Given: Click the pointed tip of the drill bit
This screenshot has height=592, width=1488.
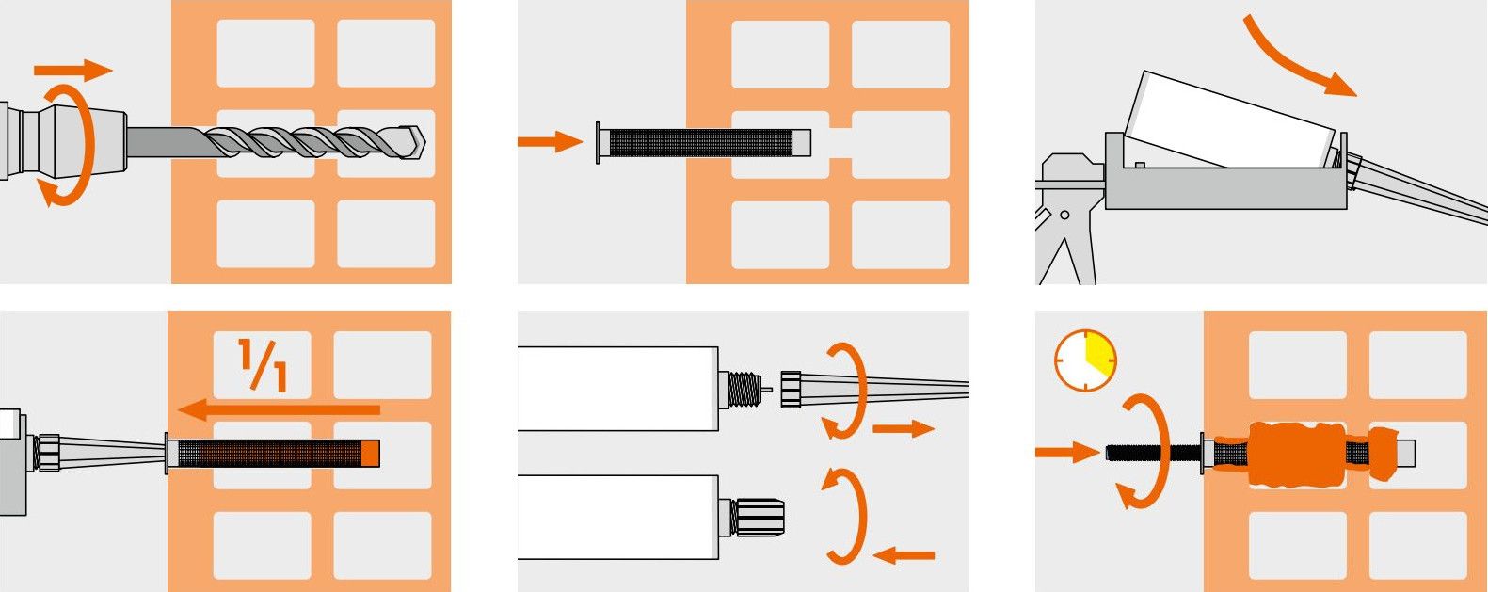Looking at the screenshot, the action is [424, 142].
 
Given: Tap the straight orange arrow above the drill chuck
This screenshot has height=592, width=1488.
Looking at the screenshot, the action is [73, 70].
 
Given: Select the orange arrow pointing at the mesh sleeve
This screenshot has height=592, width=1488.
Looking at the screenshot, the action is [550, 141].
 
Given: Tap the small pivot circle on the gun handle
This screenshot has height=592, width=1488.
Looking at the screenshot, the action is [1064, 215].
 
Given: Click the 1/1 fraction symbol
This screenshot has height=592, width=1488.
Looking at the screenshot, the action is [263, 365].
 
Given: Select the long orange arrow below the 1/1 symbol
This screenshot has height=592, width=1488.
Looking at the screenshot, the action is [279, 410].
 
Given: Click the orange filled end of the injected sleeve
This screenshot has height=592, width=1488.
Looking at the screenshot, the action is [370, 453].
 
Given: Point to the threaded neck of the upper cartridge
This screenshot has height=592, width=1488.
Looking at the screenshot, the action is [744, 389].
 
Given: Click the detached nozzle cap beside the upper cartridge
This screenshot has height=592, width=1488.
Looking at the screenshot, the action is [791, 389].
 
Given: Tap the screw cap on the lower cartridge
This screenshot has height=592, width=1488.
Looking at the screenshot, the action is [758, 517].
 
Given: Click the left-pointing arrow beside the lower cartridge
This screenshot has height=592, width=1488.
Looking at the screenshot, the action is [904, 554].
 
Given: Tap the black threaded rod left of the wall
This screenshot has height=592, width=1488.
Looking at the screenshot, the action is [1153, 453].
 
